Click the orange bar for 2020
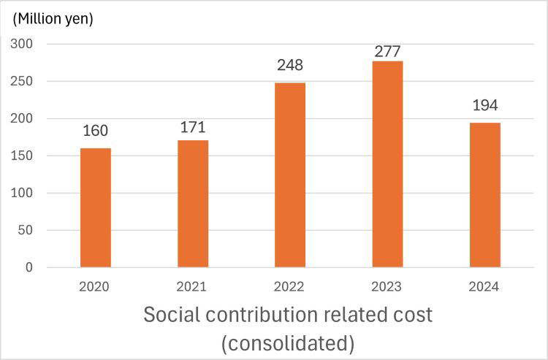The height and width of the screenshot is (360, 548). click(x=95, y=207)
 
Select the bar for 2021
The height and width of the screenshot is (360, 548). click(x=193, y=204)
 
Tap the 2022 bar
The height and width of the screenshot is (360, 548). click(x=290, y=175)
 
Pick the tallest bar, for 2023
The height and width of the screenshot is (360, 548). click(x=387, y=164)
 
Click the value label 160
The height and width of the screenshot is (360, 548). click(x=95, y=131)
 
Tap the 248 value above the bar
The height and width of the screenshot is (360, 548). click(x=290, y=65)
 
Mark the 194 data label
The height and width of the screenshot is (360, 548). click(x=485, y=105)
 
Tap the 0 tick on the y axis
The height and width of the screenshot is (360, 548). click(x=29, y=267)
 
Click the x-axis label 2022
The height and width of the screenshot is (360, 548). click(x=290, y=287)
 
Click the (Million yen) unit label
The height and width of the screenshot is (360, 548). click(x=52, y=19)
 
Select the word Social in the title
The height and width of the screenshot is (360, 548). click(x=170, y=315)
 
